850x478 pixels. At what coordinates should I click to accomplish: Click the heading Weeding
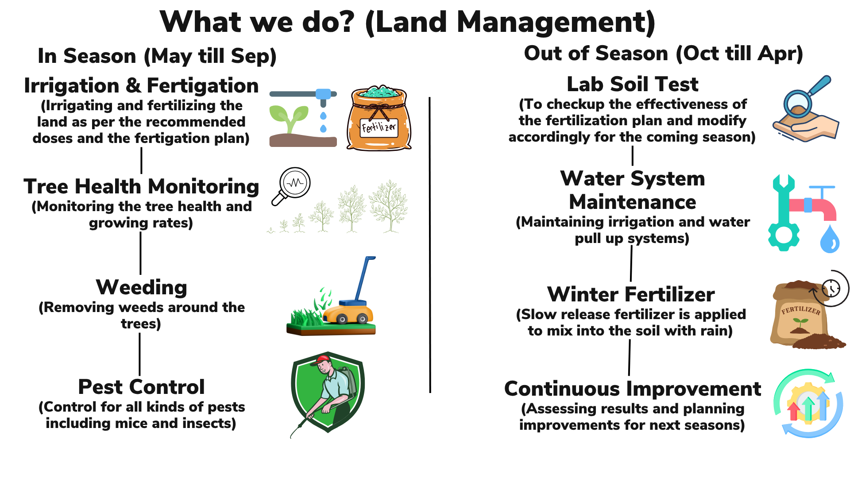point(142,288)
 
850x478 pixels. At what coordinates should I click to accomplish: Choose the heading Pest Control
point(142,387)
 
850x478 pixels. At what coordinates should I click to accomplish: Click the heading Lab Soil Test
point(633,84)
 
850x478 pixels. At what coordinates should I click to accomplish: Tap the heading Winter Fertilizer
point(631,294)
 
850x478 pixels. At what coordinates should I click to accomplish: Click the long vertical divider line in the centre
point(430,245)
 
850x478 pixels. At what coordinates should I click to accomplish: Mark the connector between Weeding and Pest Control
point(140,354)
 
